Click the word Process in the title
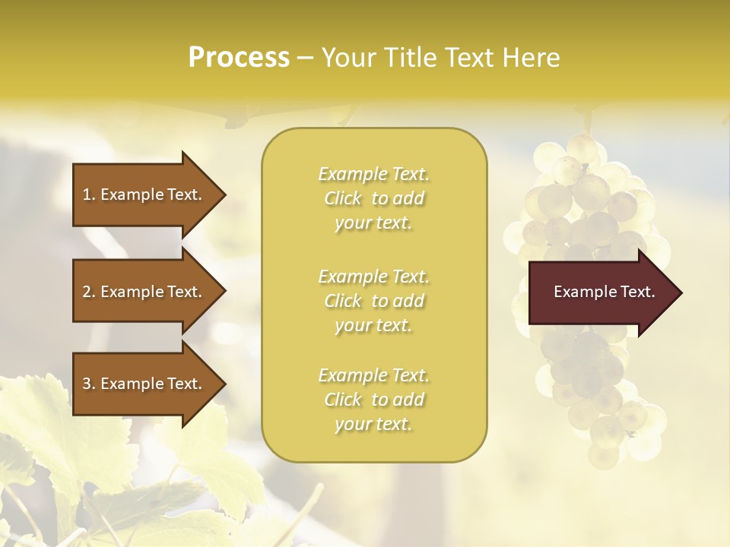239,58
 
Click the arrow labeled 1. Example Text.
144,194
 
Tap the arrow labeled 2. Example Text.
144,292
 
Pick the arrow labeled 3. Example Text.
144,384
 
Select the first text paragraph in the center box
374,198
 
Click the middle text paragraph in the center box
374,301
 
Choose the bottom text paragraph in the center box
374,400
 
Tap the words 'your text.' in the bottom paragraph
374,424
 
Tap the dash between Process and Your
305,58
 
